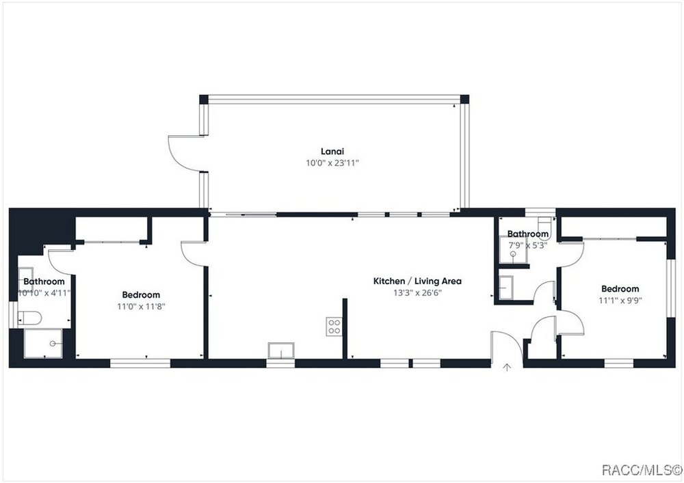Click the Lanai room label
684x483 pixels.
332,152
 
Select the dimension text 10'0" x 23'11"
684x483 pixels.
332,163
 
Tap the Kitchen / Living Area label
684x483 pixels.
417,281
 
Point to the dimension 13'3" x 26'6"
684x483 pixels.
417,292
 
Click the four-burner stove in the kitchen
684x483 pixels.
334,327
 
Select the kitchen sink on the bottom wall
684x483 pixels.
281,350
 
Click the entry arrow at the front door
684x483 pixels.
507,367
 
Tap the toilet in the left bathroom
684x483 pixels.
29,318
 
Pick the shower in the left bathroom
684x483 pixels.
43,344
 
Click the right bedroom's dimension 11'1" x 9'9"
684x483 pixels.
620,301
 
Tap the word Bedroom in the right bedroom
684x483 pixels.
620,289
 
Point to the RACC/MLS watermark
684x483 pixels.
642,470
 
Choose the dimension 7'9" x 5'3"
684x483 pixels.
528,245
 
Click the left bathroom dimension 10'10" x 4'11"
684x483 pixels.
44,293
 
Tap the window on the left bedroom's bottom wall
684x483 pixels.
140,363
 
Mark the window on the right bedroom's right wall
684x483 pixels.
671,288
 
